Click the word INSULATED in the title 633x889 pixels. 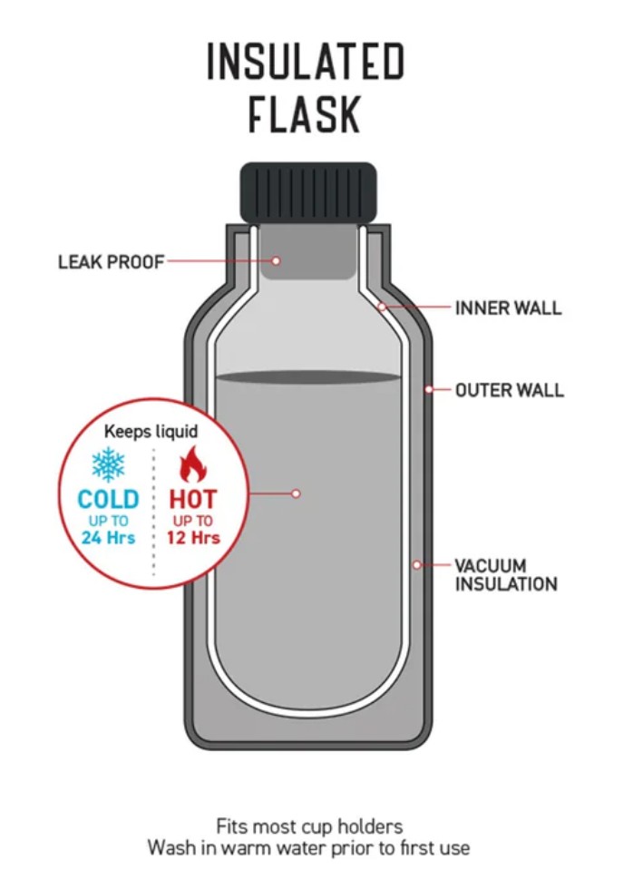(x=306, y=63)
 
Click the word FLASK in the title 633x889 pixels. (x=306, y=116)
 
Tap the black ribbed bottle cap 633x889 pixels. (x=307, y=191)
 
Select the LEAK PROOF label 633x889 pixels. (x=111, y=262)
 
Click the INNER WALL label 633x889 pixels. (x=508, y=308)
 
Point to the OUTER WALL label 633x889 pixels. (x=510, y=391)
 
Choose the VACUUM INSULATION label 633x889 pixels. (x=506, y=575)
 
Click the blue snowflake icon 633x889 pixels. (x=109, y=464)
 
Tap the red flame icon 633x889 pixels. (x=192, y=464)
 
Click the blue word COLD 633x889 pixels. (x=109, y=500)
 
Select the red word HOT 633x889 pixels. (x=193, y=500)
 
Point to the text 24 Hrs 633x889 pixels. (x=109, y=538)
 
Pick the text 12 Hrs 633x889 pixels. (x=193, y=538)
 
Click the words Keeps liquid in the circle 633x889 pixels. (x=151, y=432)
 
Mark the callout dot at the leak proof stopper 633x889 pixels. (x=277, y=261)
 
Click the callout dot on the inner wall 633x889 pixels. (x=383, y=308)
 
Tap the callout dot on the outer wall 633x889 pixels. (x=429, y=390)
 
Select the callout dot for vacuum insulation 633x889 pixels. (x=417, y=564)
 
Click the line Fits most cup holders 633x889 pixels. (x=308, y=826)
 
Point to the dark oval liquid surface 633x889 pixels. (x=308, y=376)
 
